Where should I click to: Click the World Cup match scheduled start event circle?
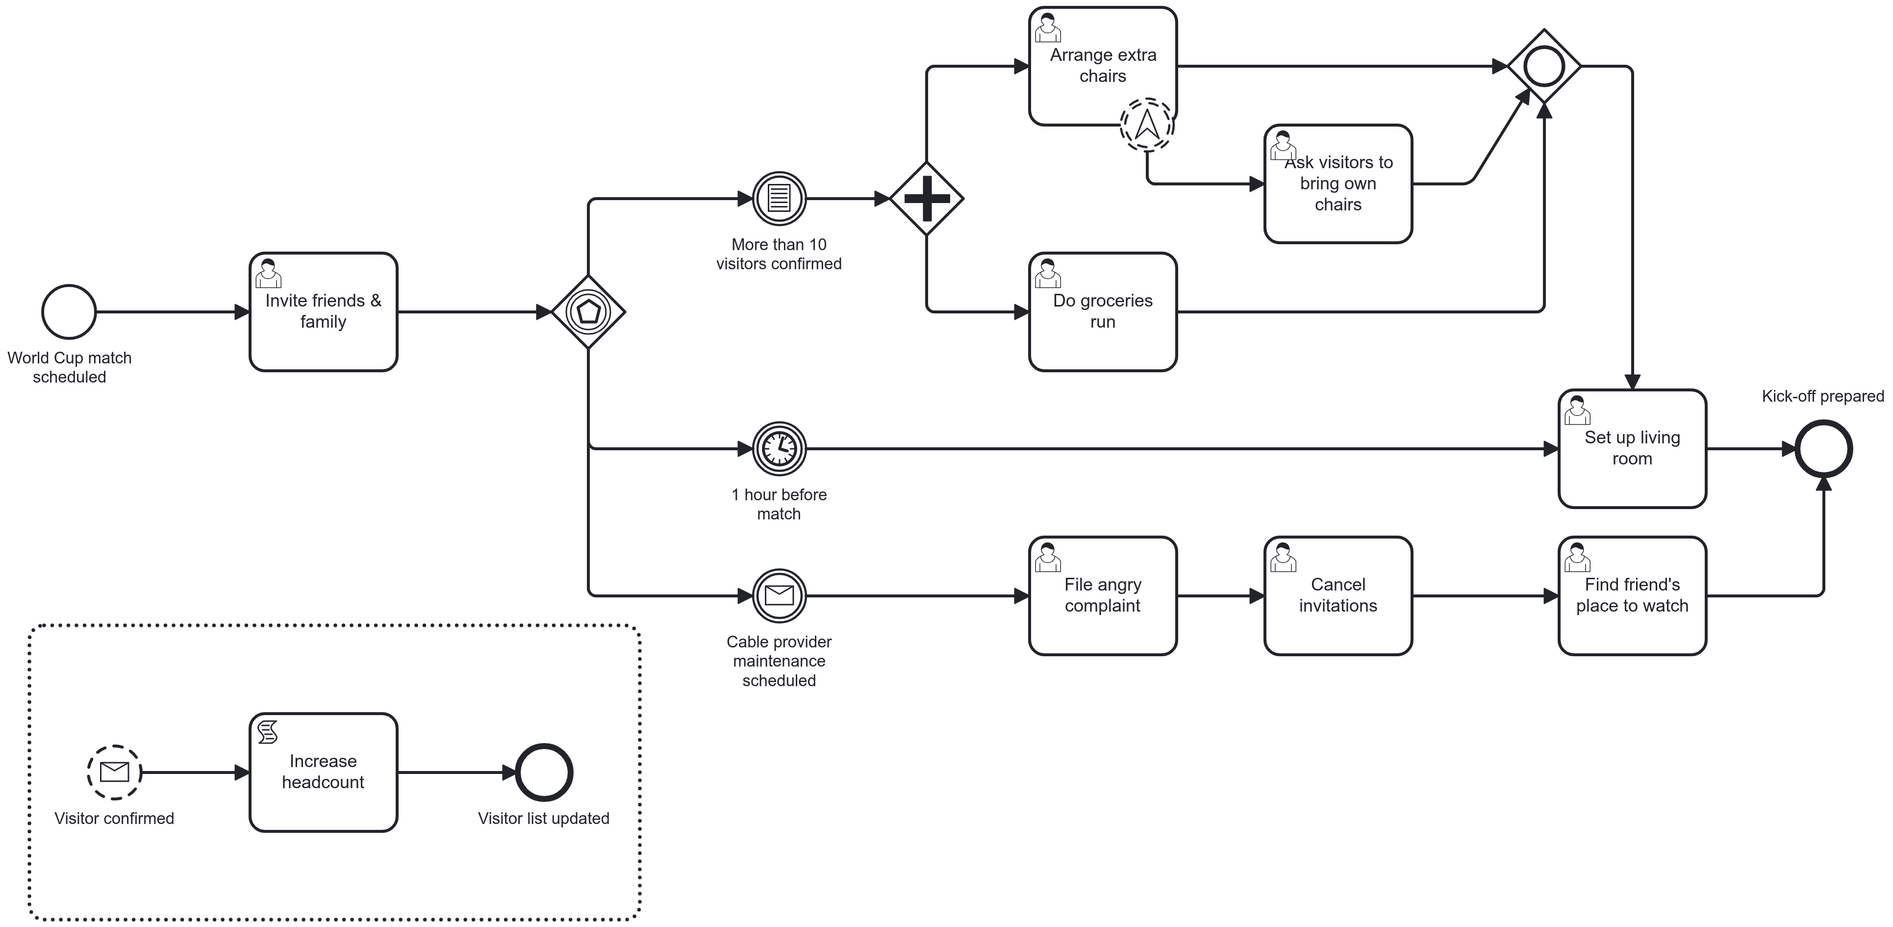coord(69,311)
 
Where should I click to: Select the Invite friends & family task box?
coord(323,311)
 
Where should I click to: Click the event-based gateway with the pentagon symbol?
coord(588,311)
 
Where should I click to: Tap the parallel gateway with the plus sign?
coord(926,199)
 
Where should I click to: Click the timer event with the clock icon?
coord(779,448)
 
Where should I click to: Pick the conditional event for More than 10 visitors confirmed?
coord(779,199)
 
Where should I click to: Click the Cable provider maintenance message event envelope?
coord(779,595)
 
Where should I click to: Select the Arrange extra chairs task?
coord(1102,66)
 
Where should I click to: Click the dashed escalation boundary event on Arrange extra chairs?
coord(1146,125)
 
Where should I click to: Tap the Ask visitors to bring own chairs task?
coord(1338,184)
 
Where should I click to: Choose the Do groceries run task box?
coord(1102,311)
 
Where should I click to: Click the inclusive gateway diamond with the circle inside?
coord(1543,66)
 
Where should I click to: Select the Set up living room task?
coord(1631,448)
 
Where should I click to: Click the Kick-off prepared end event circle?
coord(1823,448)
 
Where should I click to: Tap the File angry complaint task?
coord(1102,595)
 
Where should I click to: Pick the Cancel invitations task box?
coord(1338,595)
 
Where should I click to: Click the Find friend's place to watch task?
coord(1631,595)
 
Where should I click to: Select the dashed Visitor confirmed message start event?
coord(114,772)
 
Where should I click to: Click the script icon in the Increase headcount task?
coord(268,732)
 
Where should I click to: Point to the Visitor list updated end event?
coord(544,772)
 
